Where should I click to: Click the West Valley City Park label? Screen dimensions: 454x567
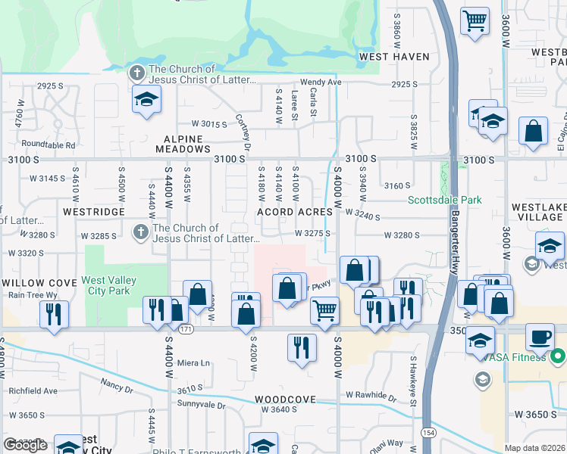coord(109,285)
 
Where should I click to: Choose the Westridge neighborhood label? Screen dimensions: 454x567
coord(93,212)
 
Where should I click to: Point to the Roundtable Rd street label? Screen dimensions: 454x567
coord(49,145)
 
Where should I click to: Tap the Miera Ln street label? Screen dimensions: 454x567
coord(193,362)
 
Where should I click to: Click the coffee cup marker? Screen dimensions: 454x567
coord(540,337)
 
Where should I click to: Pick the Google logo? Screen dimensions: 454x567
coord(25,445)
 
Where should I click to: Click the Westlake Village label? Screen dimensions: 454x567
coord(537,212)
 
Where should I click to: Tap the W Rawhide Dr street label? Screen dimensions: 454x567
coord(371,395)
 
